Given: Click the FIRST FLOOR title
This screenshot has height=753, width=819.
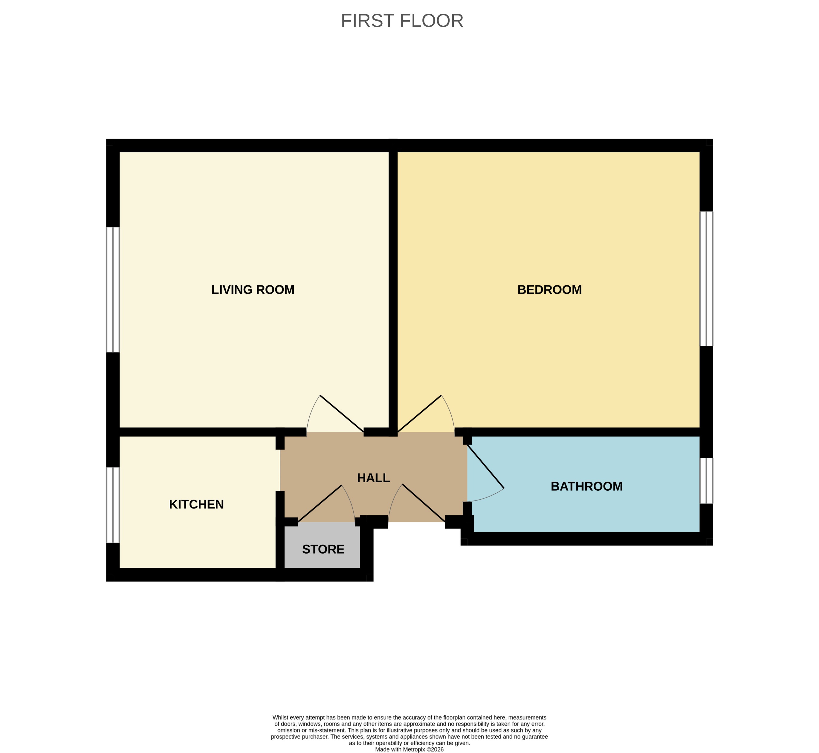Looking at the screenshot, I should [402, 21].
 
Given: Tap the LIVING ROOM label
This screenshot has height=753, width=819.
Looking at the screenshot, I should [253, 290].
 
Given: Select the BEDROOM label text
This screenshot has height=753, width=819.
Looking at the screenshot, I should [549, 290].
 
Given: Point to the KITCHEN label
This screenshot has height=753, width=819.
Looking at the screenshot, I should [196, 504].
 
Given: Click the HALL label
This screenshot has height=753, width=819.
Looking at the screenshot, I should [373, 478].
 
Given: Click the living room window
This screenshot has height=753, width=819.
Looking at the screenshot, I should [113, 290].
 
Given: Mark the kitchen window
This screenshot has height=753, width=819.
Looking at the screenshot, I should [113, 505].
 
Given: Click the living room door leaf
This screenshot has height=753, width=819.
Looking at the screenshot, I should [342, 414].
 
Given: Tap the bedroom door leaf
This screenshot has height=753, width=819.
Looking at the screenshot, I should [419, 414].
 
